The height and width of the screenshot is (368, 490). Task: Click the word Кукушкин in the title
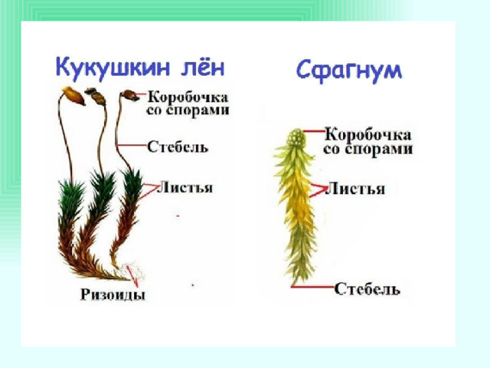(113, 67)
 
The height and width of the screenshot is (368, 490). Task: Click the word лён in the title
(202, 67)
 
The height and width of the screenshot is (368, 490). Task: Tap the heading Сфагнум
(349, 71)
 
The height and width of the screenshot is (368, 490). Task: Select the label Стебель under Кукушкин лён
(178, 146)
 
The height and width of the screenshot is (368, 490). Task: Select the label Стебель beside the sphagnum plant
(367, 289)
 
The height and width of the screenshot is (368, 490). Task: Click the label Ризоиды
(113, 294)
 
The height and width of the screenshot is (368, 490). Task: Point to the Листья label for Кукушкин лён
(185, 188)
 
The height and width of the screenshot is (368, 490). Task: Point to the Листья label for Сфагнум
(355, 189)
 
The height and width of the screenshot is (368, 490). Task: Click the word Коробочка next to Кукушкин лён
(188, 97)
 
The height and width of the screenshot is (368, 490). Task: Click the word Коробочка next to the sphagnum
(368, 135)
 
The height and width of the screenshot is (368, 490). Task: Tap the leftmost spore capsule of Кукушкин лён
(73, 95)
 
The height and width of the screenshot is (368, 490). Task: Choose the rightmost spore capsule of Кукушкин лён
(129, 95)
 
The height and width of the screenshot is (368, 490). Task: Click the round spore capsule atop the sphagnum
(296, 138)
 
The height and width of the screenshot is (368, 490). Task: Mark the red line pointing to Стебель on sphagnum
(313, 286)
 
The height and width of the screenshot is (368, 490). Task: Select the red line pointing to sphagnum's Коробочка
(315, 131)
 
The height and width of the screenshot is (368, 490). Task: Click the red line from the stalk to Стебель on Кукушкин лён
(131, 145)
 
